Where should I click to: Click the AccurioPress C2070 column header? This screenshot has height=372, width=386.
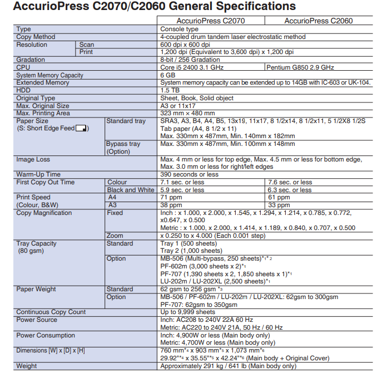click(x=210, y=21)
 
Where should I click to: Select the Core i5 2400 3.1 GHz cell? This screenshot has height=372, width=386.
click(x=192, y=67)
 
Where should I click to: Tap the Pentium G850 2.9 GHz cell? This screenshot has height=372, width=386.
click(x=301, y=67)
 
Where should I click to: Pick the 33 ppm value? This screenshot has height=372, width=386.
click(x=279, y=205)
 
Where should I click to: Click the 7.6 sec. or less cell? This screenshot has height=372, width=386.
click(x=290, y=182)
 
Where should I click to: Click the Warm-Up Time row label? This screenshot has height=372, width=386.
click(x=38, y=174)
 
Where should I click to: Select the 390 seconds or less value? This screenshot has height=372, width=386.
click(x=189, y=174)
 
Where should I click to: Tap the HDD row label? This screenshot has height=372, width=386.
click(x=24, y=90)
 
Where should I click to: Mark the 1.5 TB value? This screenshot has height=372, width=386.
click(x=170, y=90)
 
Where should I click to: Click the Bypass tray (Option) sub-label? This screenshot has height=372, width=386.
click(x=123, y=148)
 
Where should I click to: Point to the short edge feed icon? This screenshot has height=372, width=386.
click(x=82, y=129)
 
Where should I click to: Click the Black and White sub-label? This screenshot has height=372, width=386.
click(x=131, y=190)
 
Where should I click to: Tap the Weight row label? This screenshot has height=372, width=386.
click(x=27, y=366)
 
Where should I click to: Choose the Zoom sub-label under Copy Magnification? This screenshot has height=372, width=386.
click(x=115, y=236)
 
